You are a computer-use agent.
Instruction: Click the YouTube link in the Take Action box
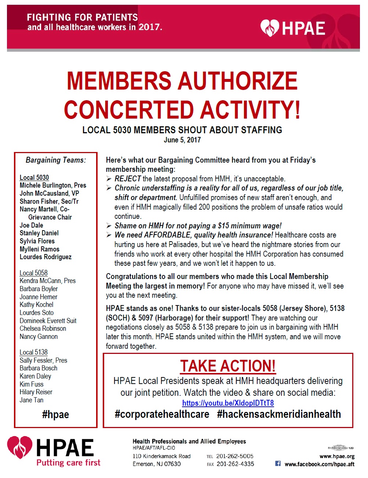click(x=228, y=403)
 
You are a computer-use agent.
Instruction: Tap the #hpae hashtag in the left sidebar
click(x=55, y=415)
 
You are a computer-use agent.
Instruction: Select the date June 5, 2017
click(x=182, y=140)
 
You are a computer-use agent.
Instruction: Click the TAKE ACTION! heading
click(x=228, y=366)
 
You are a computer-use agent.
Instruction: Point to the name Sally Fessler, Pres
click(x=43, y=361)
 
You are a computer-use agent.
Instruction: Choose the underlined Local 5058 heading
click(x=33, y=273)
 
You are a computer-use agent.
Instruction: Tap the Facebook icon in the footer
click(x=278, y=464)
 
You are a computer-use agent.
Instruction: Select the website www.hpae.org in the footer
click(x=337, y=456)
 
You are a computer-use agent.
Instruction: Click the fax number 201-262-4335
click(x=235, y=464)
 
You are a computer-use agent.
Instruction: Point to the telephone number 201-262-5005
click(x=235, y=456)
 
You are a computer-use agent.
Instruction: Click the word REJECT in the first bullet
click(x=128, y=179)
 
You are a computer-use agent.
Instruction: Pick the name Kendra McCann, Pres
click(x=48, y=281)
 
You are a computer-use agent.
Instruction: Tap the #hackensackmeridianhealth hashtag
click(x=279, y=414)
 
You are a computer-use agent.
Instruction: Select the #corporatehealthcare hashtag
click(x=162, y=414)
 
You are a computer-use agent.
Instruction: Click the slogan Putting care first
click(x=68, y=463)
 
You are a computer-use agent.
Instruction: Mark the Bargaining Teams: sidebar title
click(x=56, y=160)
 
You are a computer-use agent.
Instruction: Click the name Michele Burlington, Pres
click(x=53, y=185)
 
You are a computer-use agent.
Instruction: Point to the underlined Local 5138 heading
click(x=33, y=352)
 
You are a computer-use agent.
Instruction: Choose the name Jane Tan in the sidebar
click(x=32, y=400)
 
